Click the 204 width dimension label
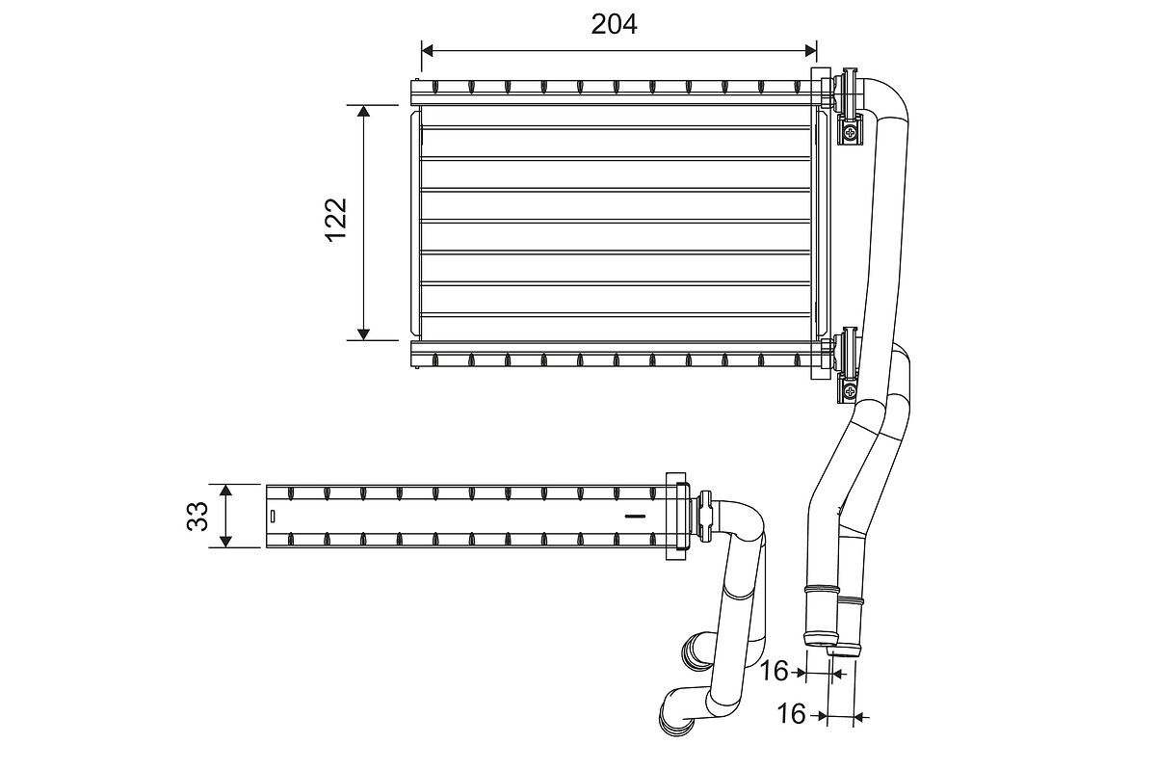point(614,24)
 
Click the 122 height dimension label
point(336,220)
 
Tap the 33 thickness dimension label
point(197,516)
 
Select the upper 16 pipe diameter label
point(774,671)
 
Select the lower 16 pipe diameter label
point(791,714)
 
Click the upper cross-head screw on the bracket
point(850,133)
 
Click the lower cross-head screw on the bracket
point(850,391)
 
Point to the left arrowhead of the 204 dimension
point(428,50)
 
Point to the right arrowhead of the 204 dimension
point(810,50)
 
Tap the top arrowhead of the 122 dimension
point(363,112)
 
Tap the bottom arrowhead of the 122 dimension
point(363,333)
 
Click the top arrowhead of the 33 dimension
point(225,491)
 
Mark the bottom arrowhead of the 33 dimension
point(225,542)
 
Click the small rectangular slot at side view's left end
point(273,516)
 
